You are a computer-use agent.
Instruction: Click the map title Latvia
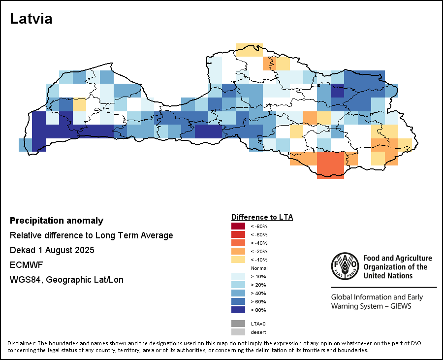[x=31, y=19]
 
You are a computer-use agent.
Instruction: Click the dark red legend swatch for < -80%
[x=238, y=226]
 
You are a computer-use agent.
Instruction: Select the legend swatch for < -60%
[x=238, y=234]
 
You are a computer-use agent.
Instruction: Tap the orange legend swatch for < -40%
[x=238, y=243]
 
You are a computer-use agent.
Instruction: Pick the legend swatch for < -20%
[x=238, y=251]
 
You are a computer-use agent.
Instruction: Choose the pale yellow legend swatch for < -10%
[x=238, y=260]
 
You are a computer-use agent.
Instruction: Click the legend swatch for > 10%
[x=238, y=276]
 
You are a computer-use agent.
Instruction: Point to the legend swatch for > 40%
[x=238, y=293]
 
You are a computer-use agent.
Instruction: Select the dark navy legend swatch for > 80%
[x=238, y=310]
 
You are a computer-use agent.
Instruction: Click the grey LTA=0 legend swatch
[x=238, y=324]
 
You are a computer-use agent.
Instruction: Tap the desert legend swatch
[x=238, y=332]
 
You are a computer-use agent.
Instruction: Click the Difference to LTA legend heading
[x=262, y=217]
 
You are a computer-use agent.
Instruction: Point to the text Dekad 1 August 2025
[x=52, y=250]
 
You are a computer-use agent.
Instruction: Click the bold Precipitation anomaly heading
[x=57, y=221]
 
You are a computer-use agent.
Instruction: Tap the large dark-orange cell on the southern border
[x=330, y=164]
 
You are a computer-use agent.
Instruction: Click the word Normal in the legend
[x=259, y=268]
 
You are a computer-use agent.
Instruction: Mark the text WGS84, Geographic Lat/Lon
[x=66, y=280]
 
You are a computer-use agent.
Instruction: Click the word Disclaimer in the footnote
[x=21, y=343]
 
